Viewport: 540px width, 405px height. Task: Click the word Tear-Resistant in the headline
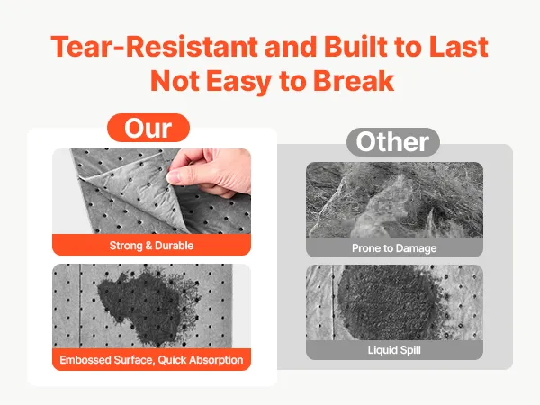[154, 46]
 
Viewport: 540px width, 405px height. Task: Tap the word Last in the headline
[458, 46]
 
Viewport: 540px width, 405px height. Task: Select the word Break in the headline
[354, 81]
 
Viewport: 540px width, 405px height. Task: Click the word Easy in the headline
[239, 83]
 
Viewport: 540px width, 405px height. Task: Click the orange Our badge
[148, 128]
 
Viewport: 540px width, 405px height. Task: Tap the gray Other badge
[393, 142]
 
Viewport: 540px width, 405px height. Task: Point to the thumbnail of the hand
[151, 192]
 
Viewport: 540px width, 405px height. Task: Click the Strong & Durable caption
[151, 246]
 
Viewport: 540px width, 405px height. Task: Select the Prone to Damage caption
[394, 248]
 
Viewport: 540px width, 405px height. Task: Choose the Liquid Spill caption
[394, 350]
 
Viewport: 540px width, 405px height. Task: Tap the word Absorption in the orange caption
[216, 361]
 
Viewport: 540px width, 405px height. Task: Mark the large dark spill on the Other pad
[387, 302]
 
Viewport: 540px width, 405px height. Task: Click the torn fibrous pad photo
[395, 200]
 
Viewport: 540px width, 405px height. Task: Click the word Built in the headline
[355, 46]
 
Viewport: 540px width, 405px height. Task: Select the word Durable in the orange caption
[175, 246]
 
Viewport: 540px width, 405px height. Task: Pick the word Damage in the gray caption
[416, 248]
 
